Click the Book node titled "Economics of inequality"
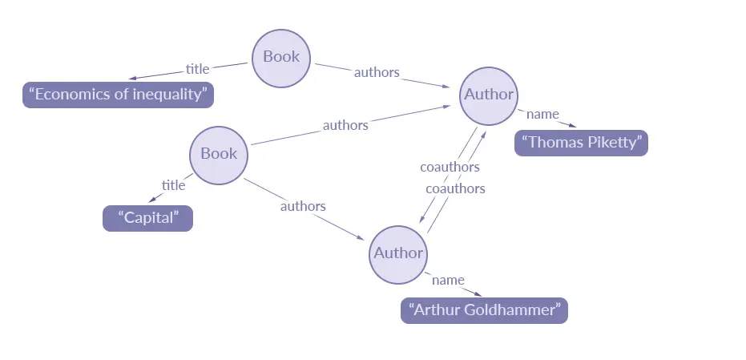tap(281, 57)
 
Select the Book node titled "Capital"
tap(219, 153)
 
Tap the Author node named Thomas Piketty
tap(489, 95)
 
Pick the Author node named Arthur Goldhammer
tap(398, 253)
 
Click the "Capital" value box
tap(147, 218)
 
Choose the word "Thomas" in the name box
tap(554, 143)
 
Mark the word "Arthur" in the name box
tap(438, 310)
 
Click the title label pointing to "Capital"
tap(173, 185)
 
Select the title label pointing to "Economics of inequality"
tap(197, 68)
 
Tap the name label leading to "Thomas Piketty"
tap(542, 114)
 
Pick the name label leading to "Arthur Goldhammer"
tap(448, 280)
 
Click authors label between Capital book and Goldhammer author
tap(303, 206)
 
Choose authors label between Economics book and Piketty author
tap(377, 72)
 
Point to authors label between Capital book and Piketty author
tap(345, 125)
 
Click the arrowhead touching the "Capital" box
tap(152, 200)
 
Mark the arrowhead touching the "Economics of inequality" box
tap(130, 79)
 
